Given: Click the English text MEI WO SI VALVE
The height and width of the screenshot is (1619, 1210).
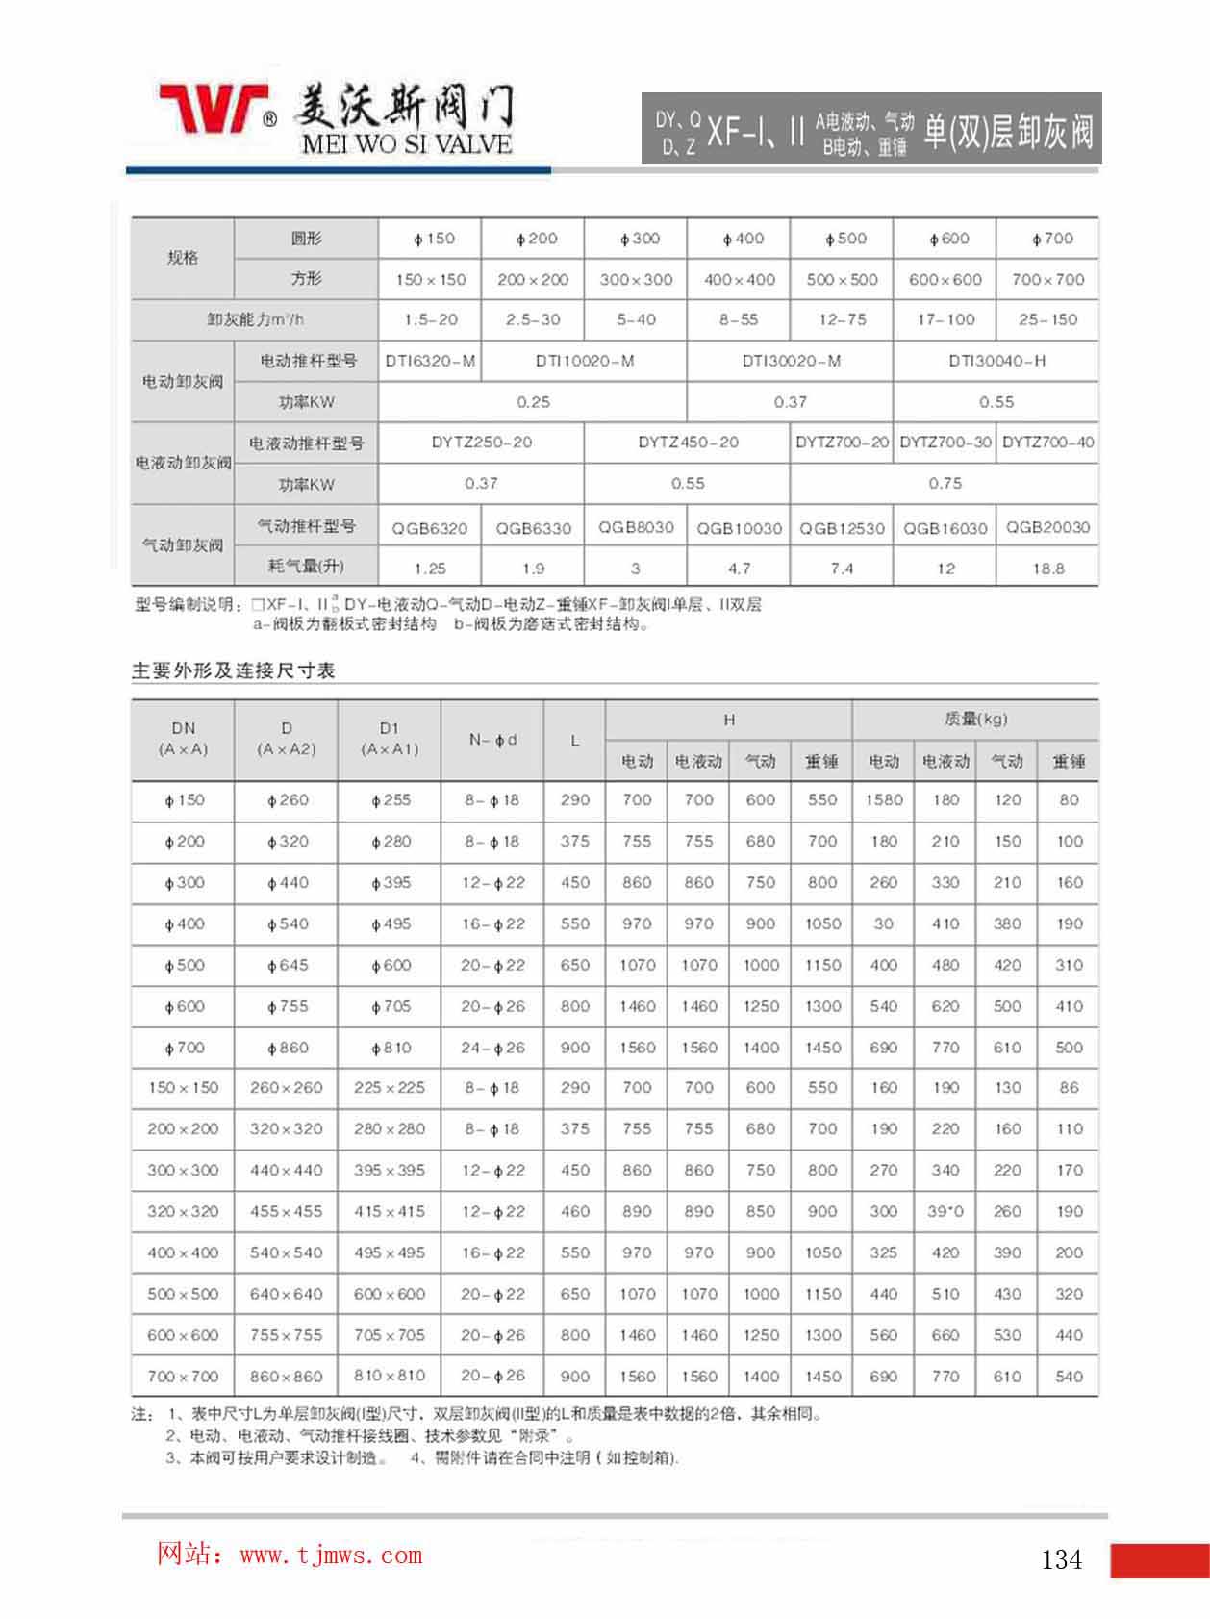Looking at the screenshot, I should [x=406, y=145].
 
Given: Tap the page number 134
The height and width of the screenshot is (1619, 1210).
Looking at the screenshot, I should [x=1061, y=1559].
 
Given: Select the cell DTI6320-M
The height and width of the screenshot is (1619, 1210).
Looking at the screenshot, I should [x=430, y=361].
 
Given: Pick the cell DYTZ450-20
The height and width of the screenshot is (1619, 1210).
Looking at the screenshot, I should [x=688, y=443].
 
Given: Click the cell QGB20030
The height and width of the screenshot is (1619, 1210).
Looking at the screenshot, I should [x=1047, y=527].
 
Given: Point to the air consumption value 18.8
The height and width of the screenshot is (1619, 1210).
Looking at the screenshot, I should [x=1047, y=569].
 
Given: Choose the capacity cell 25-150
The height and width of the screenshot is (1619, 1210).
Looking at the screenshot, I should [x=1047, y=319].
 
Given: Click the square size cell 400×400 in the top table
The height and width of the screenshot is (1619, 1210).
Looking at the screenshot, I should [x=739, y=280].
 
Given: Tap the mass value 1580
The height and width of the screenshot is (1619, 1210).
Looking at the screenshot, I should [x=883, y=799].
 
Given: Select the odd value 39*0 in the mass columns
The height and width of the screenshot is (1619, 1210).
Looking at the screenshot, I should [x=945, y=1212].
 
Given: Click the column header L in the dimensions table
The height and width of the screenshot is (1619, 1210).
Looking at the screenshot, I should [x=574, y=741].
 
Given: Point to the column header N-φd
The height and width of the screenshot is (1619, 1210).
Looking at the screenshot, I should [x=492, y=740].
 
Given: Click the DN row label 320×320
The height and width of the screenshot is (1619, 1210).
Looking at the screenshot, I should [x=183, y=1212].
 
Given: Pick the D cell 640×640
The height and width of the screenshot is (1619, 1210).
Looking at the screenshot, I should [x=286, y=1294].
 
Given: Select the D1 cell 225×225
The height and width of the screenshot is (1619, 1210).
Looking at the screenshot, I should [x=389, y=1088].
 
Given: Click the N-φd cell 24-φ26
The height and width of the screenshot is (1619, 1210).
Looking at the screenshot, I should [x=492, y=1048].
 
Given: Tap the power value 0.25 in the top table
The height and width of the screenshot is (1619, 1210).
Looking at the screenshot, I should [x=533, y=402].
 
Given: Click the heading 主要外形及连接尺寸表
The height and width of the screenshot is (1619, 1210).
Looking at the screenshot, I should [x=233, y=671].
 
